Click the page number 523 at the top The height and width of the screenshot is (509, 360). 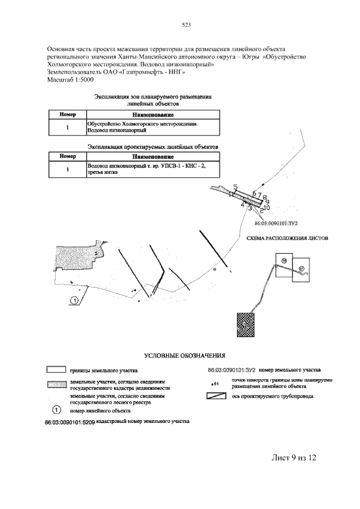[187, 24]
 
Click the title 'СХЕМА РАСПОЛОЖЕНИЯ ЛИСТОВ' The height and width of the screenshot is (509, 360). [287, 238]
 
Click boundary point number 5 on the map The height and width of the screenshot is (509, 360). [235, 187]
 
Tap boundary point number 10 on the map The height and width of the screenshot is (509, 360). [267, 208]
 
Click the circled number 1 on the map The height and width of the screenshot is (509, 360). [74, 301]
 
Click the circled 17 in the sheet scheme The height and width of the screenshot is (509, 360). [301, 268]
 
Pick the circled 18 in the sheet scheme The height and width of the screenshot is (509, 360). [285, 260]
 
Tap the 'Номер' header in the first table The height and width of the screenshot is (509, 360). [67, 115]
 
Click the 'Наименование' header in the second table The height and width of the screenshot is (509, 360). [153, 156]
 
